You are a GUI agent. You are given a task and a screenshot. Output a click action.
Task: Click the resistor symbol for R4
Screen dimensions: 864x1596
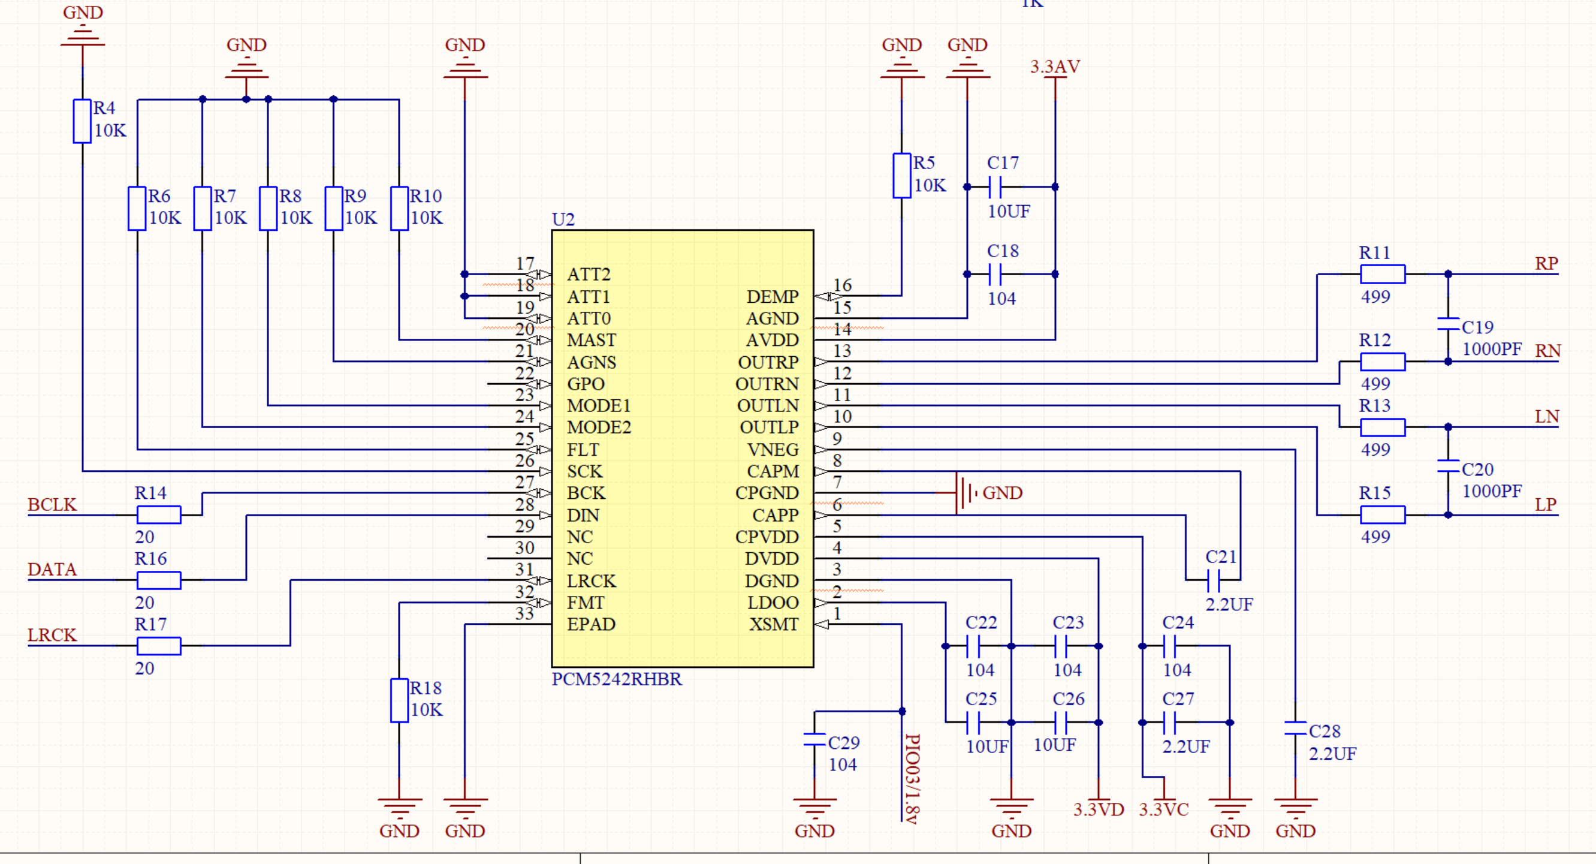(82, 121)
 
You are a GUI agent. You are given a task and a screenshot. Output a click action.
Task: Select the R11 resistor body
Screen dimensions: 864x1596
(1382, 274)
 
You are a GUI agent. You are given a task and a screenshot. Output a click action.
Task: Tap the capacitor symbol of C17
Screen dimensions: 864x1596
(995, 186)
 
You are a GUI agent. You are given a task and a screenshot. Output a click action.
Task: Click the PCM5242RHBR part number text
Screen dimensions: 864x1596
(617, 679)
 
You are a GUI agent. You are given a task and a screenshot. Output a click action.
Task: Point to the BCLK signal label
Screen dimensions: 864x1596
(52, 504)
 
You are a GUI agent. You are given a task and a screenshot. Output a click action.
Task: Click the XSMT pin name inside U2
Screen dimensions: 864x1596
(773, 624)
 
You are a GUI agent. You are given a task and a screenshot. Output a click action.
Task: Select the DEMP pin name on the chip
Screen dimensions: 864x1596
(772, 297)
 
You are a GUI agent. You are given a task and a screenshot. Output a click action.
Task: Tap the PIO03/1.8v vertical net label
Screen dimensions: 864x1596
(912, 778)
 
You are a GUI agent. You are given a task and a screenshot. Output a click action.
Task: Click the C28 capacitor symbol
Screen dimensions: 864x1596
(1295, 728)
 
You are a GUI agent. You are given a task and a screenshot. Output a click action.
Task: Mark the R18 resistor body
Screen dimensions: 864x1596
(399, 700)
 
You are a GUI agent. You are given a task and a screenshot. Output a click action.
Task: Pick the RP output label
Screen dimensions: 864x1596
(1546, 263)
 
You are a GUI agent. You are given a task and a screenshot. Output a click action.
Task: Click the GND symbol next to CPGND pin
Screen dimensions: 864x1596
(964, 493)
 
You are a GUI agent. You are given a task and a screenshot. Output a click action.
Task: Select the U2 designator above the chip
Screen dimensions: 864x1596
(563, 219)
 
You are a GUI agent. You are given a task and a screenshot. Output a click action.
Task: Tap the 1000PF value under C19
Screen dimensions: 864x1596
(1491, 349)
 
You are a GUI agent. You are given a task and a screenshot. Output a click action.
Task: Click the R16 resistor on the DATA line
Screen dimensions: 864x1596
(159, 580)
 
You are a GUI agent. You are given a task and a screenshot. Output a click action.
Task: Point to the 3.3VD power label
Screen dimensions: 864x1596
(1098, 809)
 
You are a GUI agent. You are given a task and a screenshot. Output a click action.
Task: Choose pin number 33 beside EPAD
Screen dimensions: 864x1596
(524, 613)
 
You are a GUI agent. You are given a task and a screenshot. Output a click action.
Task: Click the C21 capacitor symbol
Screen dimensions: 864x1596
(1213, 581)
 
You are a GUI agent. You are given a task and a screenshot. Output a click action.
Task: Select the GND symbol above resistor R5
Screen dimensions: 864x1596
(901, 68)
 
